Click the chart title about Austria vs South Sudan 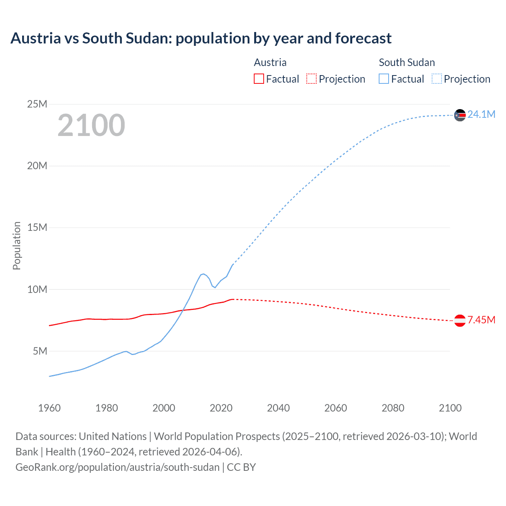coord(201,38)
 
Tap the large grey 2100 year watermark coord(91,125)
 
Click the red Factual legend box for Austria coord(259,79)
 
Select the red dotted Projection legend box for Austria coord(312,79)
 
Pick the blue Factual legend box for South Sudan coord(383,79)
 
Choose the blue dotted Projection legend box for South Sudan coord(437,79)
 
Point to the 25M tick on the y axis coord(37,104)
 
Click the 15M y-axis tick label coord(37,227)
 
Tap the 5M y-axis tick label coord(40,351)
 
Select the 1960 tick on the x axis coord(49,408)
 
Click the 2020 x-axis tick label coord(221,408)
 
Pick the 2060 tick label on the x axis coord(336,408)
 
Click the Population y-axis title coord(17,245)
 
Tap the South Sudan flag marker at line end coord(460,115)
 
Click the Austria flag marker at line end coord(460,321)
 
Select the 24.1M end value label coord(481,114)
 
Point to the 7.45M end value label coord(481,320)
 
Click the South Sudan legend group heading coord(407,62)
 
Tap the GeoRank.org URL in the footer coord(117,467)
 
